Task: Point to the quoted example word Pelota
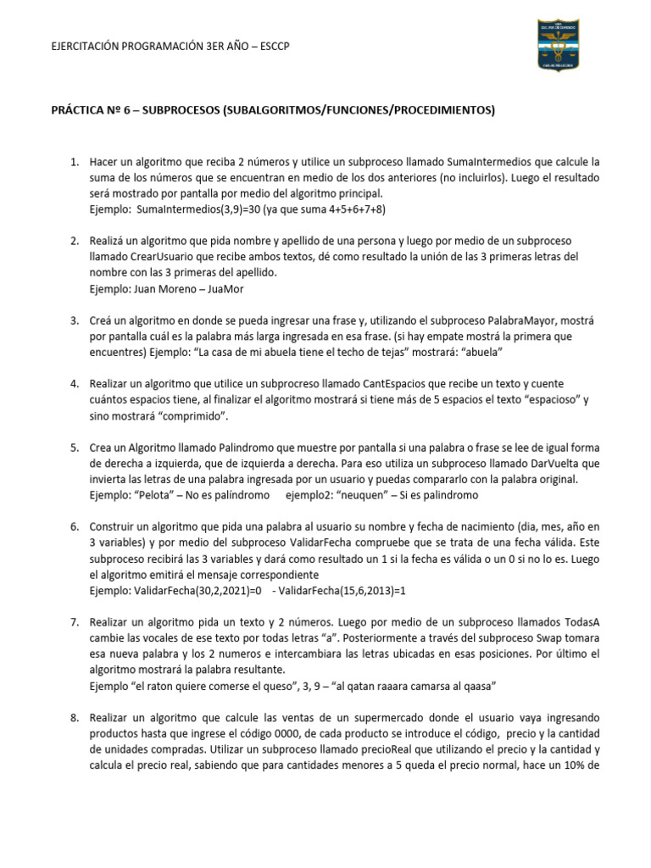tap(157, 495)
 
